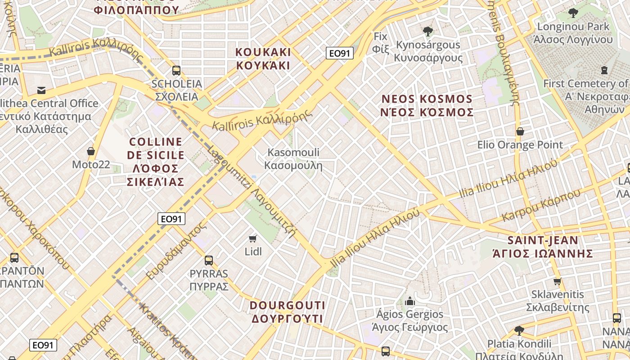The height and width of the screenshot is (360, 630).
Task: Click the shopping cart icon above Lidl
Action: click(253, 238)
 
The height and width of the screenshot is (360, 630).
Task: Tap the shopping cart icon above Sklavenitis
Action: click(558, 281)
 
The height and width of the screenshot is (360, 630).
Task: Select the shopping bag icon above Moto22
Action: click(91, 151)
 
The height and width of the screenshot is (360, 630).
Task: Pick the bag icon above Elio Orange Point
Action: click(520, 131)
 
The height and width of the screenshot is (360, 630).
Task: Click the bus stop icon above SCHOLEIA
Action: click(176, 71)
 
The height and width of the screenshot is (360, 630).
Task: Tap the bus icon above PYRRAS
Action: click(209, 260)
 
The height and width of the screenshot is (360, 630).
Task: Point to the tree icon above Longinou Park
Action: click(573, 13)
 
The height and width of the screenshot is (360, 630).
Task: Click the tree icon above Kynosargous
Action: click(427, 31)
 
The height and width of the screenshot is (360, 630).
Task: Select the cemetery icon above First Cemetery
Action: click(604, 70)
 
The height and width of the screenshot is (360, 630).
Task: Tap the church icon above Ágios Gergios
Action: click(410, 301)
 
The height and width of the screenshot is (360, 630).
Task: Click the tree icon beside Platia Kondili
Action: click(519, 331)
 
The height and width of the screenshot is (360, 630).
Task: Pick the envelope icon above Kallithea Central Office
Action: click(41, 90)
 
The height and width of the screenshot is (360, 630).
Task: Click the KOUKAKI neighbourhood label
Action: click(263, 58)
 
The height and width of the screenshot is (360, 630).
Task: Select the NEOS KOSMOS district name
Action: click(427, 105)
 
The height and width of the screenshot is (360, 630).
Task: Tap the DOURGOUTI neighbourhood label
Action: click(287, 312)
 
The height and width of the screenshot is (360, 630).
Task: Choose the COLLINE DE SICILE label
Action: click(156, 162)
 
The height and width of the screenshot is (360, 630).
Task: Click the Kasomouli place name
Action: click(293, 159)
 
